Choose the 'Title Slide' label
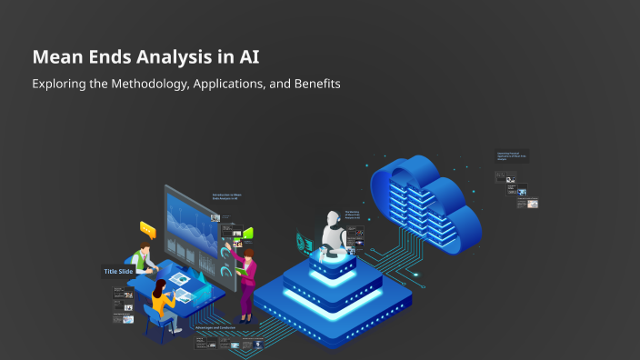118,271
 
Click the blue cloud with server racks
427,195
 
